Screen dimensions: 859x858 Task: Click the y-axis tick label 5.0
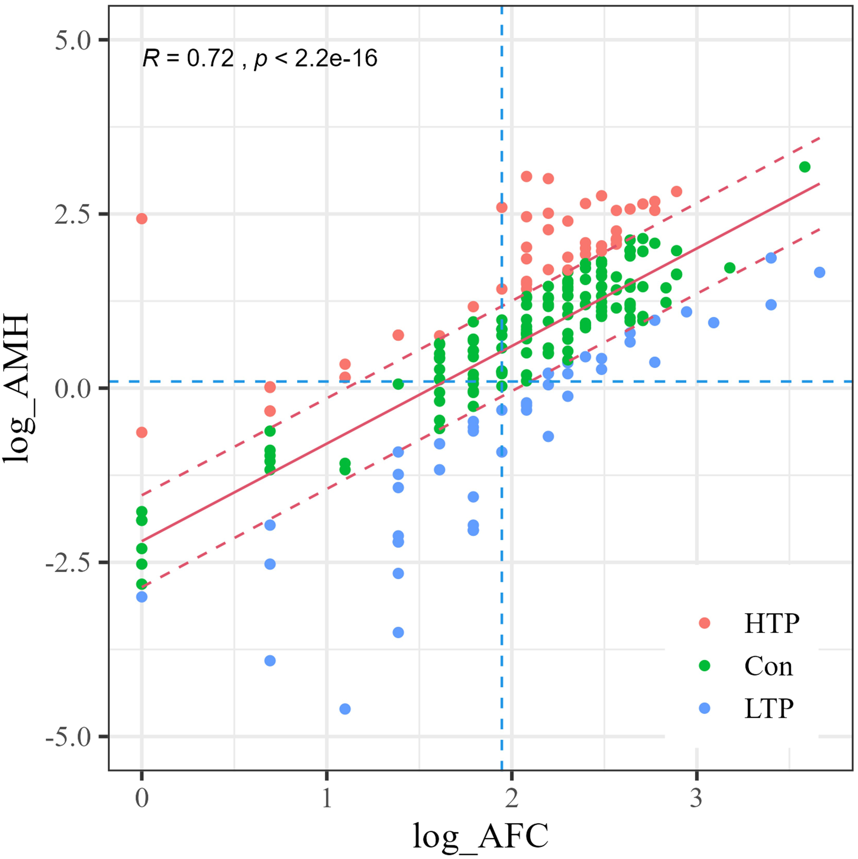click(72, 40)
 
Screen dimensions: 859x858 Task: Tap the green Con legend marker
click(705, 666)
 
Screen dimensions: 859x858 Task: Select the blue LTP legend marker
click(705, 708)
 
